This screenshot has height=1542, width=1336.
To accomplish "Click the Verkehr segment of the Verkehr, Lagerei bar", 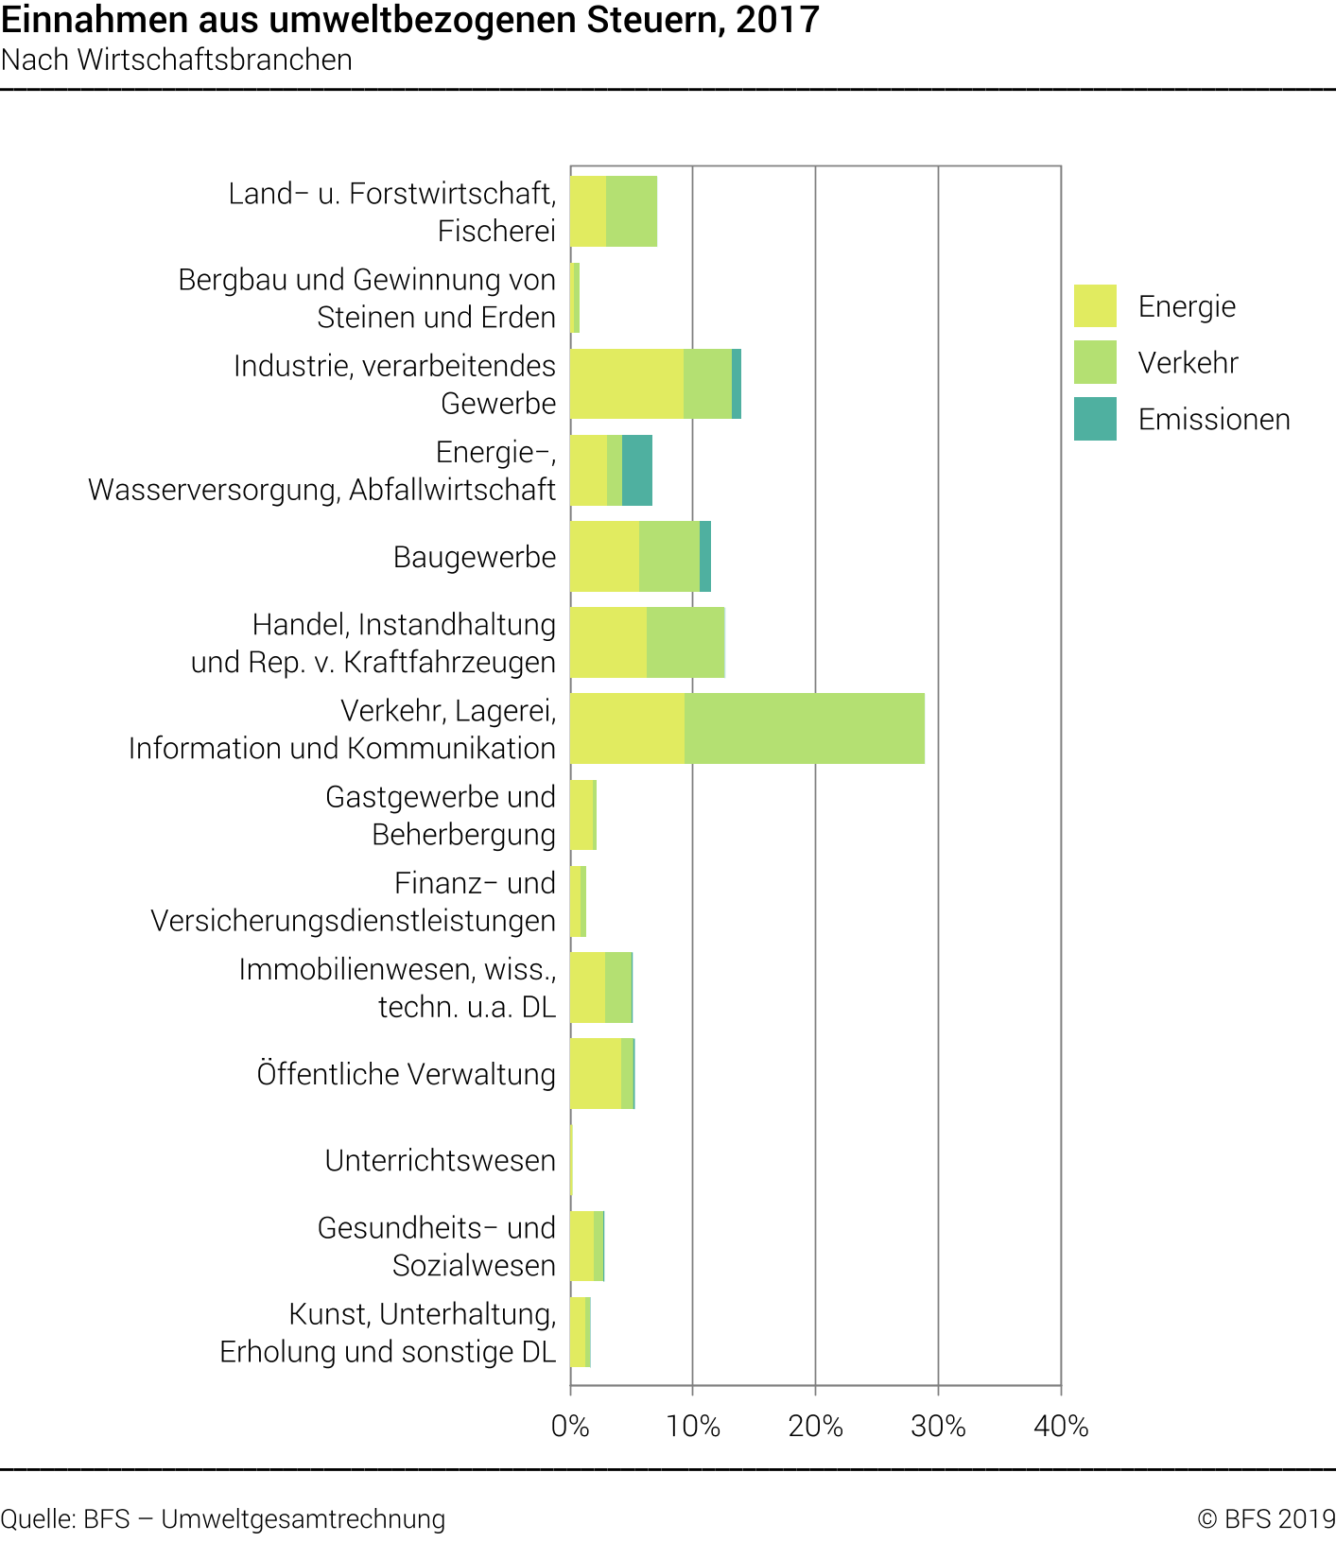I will [804, 728].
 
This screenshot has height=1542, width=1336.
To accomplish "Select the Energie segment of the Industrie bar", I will [626, 384].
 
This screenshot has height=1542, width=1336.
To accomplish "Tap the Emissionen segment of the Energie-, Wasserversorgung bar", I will [636, 470].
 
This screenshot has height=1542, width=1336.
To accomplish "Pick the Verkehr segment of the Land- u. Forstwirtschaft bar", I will [631, 211].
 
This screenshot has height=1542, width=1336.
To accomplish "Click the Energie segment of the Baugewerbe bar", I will [604, 556].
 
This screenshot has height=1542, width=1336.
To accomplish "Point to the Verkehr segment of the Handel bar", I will [685, 642].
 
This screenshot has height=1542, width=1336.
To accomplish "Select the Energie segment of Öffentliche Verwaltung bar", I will [595, 1073].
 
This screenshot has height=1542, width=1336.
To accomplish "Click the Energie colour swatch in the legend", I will [1095, 305].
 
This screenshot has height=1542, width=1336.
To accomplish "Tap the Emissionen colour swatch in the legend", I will [1095, 419].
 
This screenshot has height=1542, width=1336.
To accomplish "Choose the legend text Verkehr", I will [1188, 362].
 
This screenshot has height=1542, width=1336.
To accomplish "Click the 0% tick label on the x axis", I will [570, 1426].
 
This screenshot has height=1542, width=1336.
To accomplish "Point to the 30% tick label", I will [938, 1426].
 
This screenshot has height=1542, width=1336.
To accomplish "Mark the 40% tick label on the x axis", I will [1061, 1426].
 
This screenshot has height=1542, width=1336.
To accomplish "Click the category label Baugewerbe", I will [474, 557].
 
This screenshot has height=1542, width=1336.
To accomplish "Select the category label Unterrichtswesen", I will [440, 1160].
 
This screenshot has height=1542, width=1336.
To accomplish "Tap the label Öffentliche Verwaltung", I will [406, 1074].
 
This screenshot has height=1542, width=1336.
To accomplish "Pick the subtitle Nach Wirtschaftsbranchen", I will [177, 60].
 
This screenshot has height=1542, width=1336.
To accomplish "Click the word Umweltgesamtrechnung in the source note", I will [303, 1518].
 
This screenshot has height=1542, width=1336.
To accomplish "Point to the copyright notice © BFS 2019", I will [1266, 1518].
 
